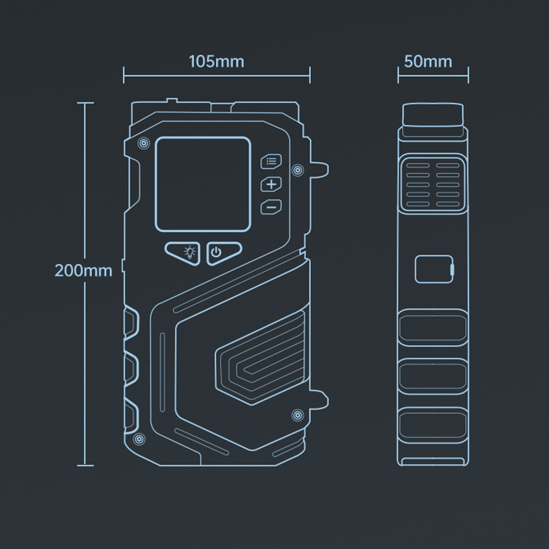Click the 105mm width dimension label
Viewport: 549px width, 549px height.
tap(216, 61)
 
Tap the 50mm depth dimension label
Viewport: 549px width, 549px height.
tap(428, 61)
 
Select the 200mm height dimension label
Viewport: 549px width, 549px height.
tap(83, 270)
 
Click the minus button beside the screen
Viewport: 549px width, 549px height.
tap(271, 207)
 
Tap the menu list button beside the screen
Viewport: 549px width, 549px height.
tap(271, 161)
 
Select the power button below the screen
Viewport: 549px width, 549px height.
tap(222, 253)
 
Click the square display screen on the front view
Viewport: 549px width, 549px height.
tap(203, 184)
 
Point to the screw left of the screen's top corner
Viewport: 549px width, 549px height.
tap(143, 143)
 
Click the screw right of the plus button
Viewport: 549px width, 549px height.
tap(298, 170)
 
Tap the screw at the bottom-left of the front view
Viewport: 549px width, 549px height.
tap(139, 439)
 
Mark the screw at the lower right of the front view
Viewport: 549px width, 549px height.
tap(298, 415)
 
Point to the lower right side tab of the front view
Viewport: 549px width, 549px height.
tap(319, 399)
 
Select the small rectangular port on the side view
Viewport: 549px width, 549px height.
tap(434, 269)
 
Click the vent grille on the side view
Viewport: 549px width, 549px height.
tap(433, 184)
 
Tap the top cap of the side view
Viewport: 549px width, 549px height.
tap(433, 115)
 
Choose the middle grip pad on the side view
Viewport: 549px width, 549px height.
tap(433, 376)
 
